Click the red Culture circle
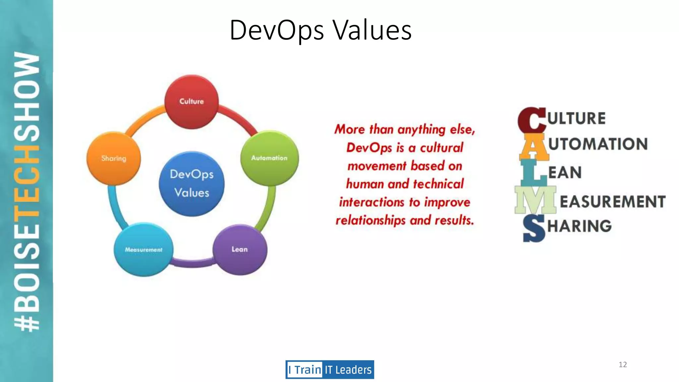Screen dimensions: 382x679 192,101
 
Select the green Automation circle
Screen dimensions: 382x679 269,158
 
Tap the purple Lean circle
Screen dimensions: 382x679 239,249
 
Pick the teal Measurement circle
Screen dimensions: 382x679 144,250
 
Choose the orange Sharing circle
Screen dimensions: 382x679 114,159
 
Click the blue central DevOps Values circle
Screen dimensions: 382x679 192,184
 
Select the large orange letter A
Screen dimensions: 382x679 534,147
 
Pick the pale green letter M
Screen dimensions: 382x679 535,200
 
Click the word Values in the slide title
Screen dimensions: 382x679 372,30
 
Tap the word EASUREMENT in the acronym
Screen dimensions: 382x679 612,202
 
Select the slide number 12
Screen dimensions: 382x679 623,364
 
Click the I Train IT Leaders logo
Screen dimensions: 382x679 330,369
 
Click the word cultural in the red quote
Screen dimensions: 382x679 441,148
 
